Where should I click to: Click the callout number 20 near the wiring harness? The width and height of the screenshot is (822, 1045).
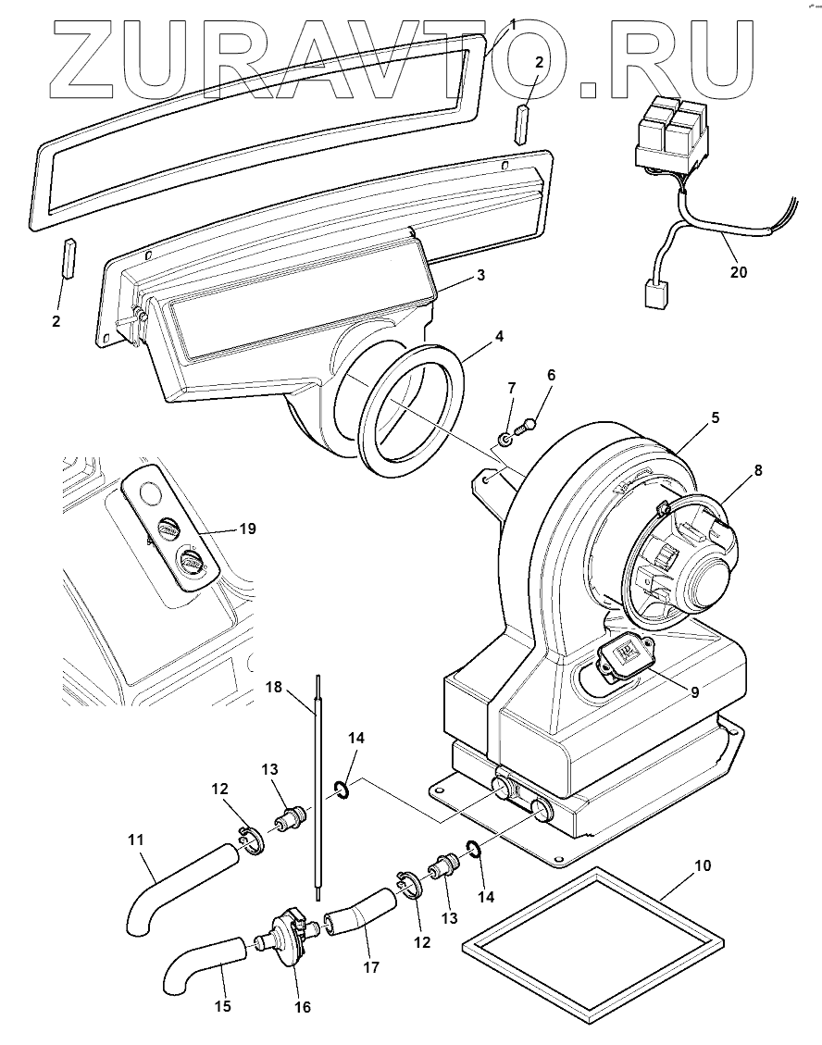click(x=738, y=272)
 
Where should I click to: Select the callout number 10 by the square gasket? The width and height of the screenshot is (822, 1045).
click(x=703, y=865)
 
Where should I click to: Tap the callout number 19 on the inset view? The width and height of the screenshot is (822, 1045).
click(x=246, y=529)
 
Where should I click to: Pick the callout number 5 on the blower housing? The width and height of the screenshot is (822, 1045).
click(x=715, y=417)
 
